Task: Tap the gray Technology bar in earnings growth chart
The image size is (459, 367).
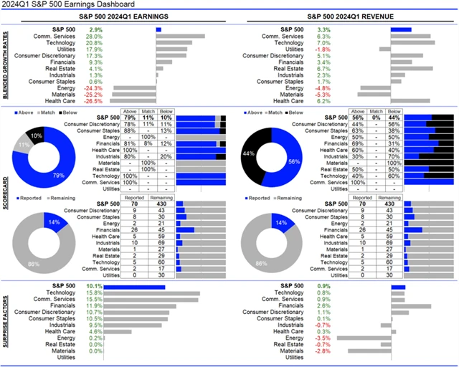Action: [171, 43]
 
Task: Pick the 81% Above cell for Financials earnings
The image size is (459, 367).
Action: [131, 143]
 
